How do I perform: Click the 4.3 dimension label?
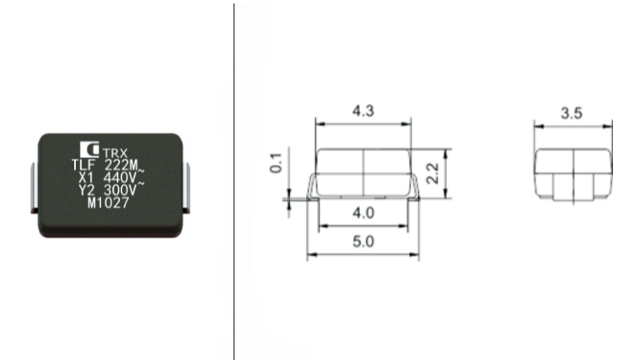point(363,111)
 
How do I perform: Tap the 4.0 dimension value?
point(363,213)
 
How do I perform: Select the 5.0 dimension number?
point(363,242)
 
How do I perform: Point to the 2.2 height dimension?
point(432,173)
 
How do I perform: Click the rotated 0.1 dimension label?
point(276,163)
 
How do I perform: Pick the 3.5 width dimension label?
point(571,113)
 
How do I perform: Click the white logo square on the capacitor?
point(89,149)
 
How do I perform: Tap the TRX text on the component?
point(116,153)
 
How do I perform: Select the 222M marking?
point(122,165)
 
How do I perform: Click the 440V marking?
point(120,178)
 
